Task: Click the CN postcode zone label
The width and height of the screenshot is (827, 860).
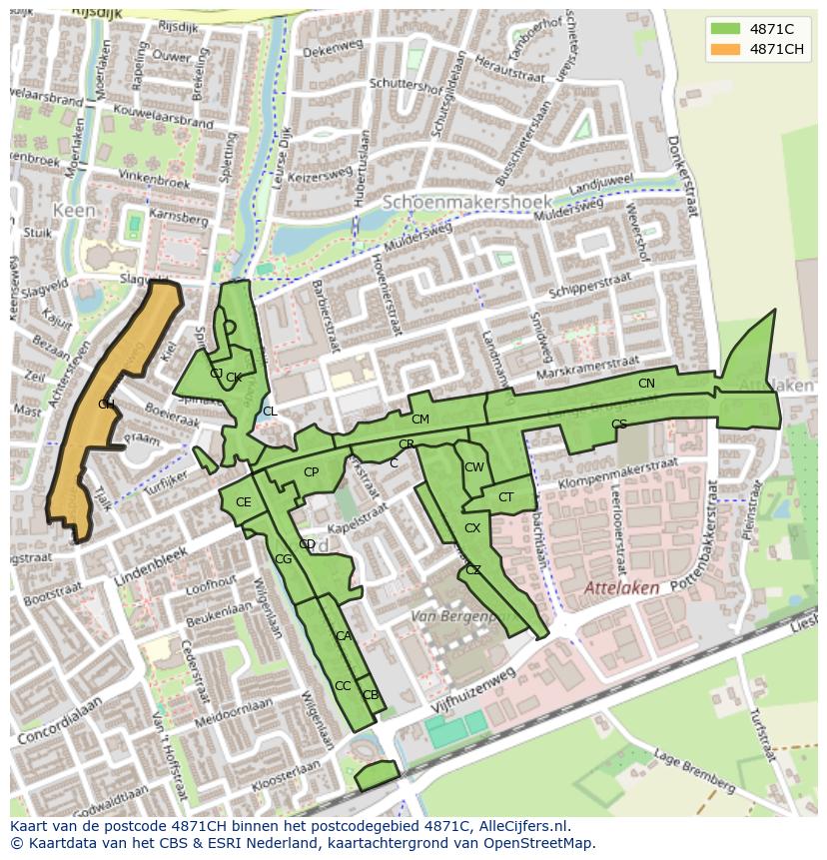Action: tap(646, 384)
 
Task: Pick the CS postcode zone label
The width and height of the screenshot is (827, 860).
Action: tap(618, 425)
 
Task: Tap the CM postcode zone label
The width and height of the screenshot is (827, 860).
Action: tap(419, 420)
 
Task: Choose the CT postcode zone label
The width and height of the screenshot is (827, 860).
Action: tap(505, 497)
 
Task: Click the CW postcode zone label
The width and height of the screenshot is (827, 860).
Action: tap(473, 467)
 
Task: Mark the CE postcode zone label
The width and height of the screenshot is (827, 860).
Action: tap(243, 502)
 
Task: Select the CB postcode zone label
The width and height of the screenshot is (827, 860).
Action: tap(370, 695)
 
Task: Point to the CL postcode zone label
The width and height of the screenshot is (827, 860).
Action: tap(270, 412)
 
